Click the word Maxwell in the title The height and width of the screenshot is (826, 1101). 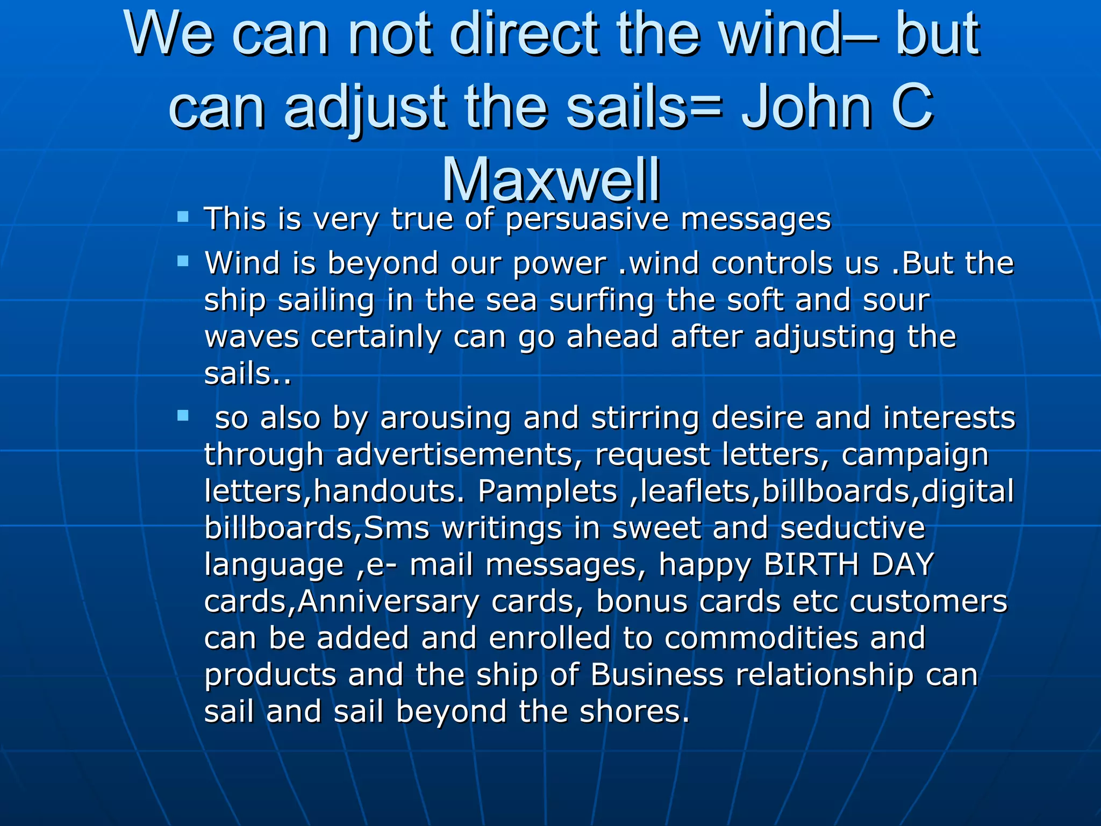coord(551,179)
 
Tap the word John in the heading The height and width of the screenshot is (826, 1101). coord(807,106)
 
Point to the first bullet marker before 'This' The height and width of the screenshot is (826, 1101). coord(183,217)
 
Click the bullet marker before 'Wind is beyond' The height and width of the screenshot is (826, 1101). coord(183,262)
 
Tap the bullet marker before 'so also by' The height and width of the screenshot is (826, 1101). coord(183,416)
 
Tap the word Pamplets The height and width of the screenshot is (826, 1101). coord(547,492)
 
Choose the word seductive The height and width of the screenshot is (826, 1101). coord(852,528)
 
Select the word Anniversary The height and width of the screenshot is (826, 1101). coord(388,602)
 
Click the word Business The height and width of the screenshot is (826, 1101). coord(657,675)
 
